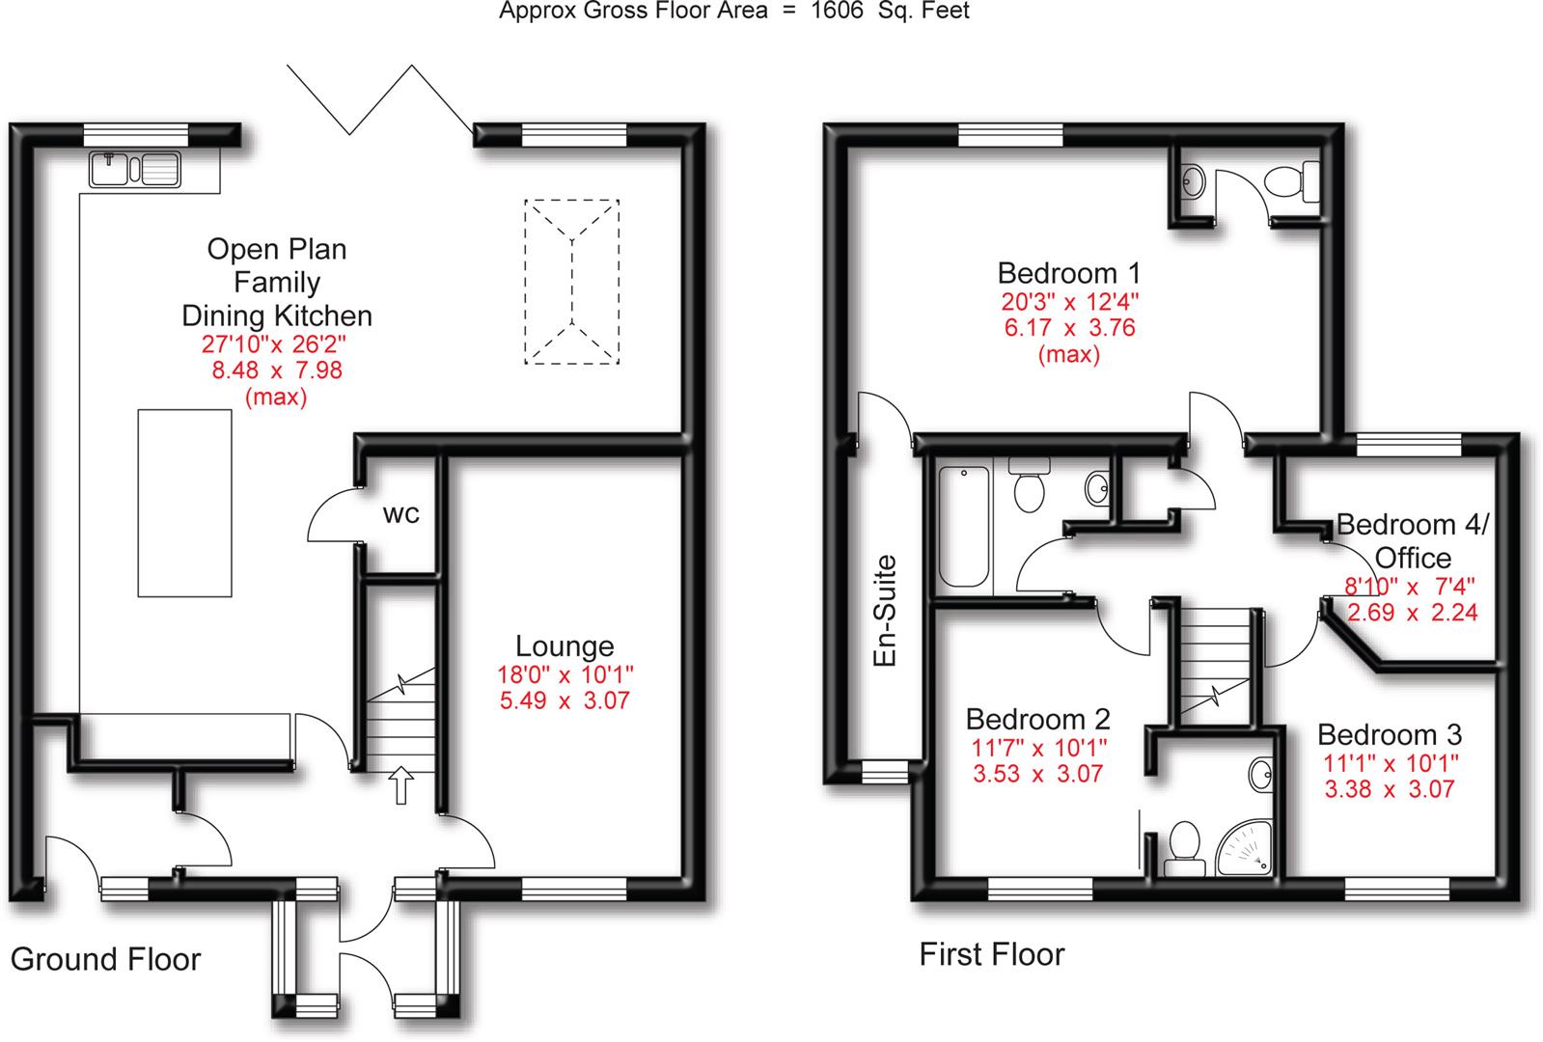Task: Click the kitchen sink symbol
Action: pyautogui.click(x=136, y=170)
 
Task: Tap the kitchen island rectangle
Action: pyautogui.click(x=184, y=503)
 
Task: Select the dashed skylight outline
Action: pyautogui.click(x=572, y=282)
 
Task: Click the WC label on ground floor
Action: pyautogui.click(x=401, y=514)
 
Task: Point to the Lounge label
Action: pyautogui.click(x=565, y=646)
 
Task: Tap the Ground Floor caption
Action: pyautogui.click(x=105, y=959)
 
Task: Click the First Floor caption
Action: pyautogui.click(x=992, y=955)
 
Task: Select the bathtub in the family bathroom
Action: pyautogui.click(x=964, y=527)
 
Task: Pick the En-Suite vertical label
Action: pyautogui.click(x=884, y=611)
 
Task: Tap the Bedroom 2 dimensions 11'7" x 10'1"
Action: pyautogui.click(x=1038, y=747)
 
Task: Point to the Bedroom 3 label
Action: pyautogui.click(x=1390, y=735)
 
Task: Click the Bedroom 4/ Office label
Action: pyautogui.click(x=1413, y=540)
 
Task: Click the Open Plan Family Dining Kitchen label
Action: pyautogui.click(x=277, y=282)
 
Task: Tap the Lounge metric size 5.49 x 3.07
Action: pyautogui.click(x=565, y=700)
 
